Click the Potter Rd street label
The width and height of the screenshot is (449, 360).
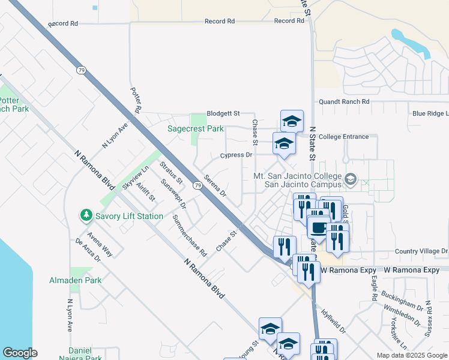pyautogui.click(x=135, y=100)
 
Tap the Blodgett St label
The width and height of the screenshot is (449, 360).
pyautogui.click(x=223, y=113)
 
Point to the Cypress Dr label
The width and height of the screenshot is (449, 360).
pyautogui.click(x=236, y=155)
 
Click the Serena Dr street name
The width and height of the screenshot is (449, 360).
pyautogui.click(x=215, y=185)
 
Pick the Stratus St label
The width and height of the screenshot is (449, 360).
pyautogui.click(x=171, y=172)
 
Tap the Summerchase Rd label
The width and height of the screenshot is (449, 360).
pyautogui.click(x=189, y=235)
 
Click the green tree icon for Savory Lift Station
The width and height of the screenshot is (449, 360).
pyautogui.click(x=86, y=215)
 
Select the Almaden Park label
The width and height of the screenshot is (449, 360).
pyautogui.click(x=85, y=280)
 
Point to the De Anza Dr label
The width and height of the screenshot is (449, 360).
pyautogui.click(x=88, y=250)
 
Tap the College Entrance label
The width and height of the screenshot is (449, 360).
pyautogui.click(x=343, y=137)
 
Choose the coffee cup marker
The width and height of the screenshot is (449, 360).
pyautogui.click(x=318, y=227)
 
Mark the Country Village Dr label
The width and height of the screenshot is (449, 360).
pyautogui.click(x=421, y=251)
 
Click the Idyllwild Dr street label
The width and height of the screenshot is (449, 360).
pyautogui.click(x=334, y=321)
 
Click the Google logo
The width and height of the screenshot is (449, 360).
pyautogui.click(x=20, y=353)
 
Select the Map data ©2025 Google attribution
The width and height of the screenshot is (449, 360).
pyautogui.click(x=412, y=355)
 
